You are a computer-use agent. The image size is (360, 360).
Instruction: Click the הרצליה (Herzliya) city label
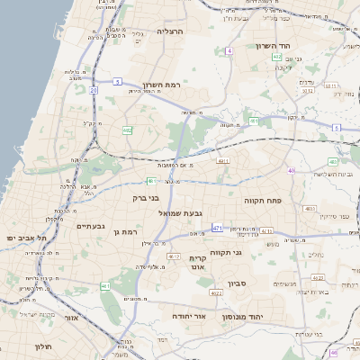(x=169, y=31)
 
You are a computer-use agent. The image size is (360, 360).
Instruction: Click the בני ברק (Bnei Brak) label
(x=145, y=197)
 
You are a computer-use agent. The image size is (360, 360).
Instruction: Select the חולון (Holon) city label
(x=43, y=346)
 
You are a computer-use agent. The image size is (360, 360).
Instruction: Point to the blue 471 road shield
(x=217, y=229)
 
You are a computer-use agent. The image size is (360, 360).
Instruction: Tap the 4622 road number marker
(x=216, y=292)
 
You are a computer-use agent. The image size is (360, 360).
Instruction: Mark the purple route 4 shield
(x=229, y=51)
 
